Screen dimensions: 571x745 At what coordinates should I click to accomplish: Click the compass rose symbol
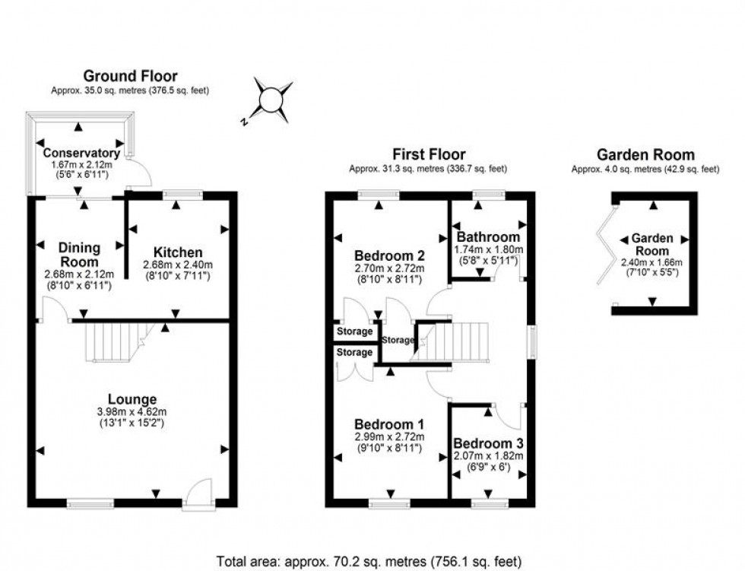[x=271, y=100]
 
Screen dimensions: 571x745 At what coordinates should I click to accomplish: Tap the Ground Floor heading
[x=130, y=76]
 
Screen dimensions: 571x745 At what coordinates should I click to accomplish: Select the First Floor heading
[x=429, y=155]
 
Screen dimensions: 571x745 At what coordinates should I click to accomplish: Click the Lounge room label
[x=132, y=399]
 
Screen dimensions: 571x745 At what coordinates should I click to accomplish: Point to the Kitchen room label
[x=178, y=252]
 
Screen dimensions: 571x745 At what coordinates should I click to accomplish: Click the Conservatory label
[x=81, y=153]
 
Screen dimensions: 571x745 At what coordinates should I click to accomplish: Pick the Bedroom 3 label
[x=487, y=443]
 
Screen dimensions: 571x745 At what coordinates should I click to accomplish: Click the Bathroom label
[x=487, y=237]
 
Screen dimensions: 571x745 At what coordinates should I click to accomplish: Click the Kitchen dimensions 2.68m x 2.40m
[x=178, y=265]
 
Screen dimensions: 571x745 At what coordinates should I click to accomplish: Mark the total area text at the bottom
[x=369, y=562]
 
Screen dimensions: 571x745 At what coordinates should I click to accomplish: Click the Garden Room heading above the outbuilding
[x=645, y=155]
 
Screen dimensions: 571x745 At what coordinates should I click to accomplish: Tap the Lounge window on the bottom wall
[x=90, y=503]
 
